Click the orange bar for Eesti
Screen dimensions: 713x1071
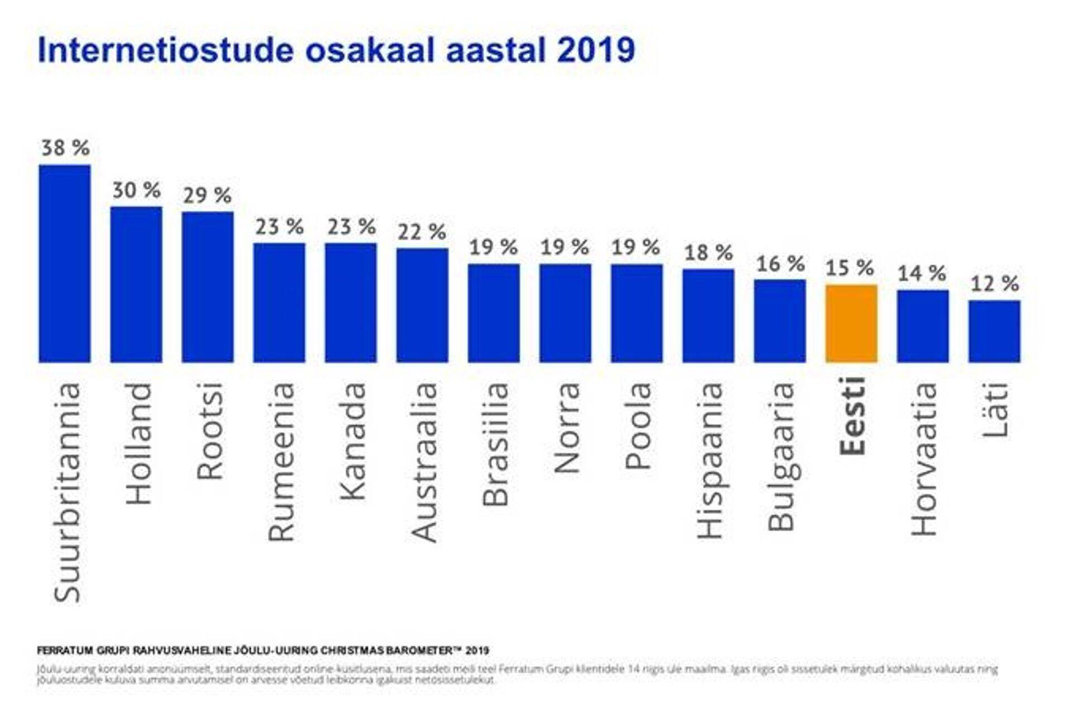[x=851, y=323]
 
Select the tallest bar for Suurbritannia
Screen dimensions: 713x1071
[x=65, y=264]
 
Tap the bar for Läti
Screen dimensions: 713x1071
[x=994, y=331]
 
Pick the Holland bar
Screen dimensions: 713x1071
[x=136, y=284]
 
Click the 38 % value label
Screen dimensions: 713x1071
[x=65, y=148]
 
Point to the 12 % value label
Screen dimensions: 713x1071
[x=995, y=284]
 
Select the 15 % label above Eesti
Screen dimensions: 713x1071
[x=850, y=268]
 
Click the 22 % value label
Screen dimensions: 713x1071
[x=422, y=232]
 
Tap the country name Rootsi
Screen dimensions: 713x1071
[x=210, y=431]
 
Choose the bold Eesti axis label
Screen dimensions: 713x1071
[x=852, y=416]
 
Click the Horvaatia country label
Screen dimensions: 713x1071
[x=924, y=459]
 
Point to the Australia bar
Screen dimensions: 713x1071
[x=422, y=305]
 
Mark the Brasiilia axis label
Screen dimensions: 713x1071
[x=495, y=444]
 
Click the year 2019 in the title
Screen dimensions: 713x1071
[x=596, y=50]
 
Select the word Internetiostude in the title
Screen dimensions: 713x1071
[x=165, y=50]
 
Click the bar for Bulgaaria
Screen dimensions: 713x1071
[x=780, y=321]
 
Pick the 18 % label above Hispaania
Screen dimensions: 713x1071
[x=708, y=253]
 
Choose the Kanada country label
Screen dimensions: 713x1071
[x=353, y=441]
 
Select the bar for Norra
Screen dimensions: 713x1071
[x=565, y=313]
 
